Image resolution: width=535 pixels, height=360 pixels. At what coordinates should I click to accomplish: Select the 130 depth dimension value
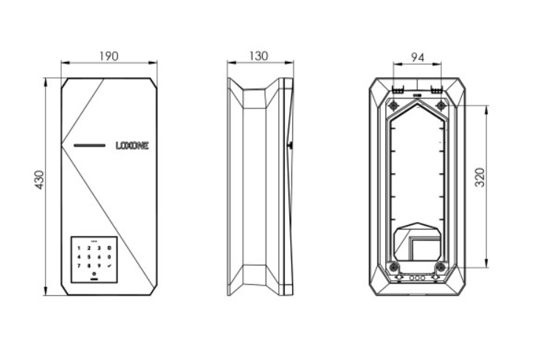[x=259, y=56]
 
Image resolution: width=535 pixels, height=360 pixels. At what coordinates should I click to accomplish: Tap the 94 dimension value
[x=417, y=57]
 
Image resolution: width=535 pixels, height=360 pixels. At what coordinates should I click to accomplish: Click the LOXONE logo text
[x=132, y=146]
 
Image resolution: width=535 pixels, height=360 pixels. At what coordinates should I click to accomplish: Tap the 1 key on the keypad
[x=80, y=248]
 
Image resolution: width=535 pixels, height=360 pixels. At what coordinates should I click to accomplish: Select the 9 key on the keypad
[x=98, y=264]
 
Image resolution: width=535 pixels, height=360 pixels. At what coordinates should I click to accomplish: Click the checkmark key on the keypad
[x=108, y=264]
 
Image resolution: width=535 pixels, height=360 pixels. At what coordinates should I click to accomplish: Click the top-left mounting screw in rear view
[x=393, y=105]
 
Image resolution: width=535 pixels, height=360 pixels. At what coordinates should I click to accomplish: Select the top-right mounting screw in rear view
[x=441, y=105]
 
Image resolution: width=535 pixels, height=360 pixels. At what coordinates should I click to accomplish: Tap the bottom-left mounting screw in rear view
[x=393, y=266]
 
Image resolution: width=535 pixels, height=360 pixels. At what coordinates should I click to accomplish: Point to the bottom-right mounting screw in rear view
[x=441, y=266]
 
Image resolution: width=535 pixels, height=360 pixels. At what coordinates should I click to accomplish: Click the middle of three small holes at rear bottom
[x=417, y=279]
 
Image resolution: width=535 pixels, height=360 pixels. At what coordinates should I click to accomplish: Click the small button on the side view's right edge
[x=289, y=145]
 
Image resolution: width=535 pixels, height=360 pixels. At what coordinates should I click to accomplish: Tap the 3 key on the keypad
[x=98, y=248]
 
